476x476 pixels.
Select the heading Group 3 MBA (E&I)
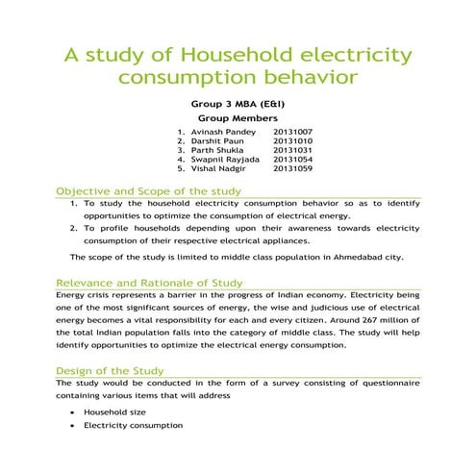click(x=238, y=102)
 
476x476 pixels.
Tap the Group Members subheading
click(x=237, y=117)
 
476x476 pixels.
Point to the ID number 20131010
click(x=292, y=140)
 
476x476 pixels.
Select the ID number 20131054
click(x=292, y=159)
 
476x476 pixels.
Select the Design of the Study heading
click(x=110, y=370)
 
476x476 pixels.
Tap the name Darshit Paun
click(x=218, y=140)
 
